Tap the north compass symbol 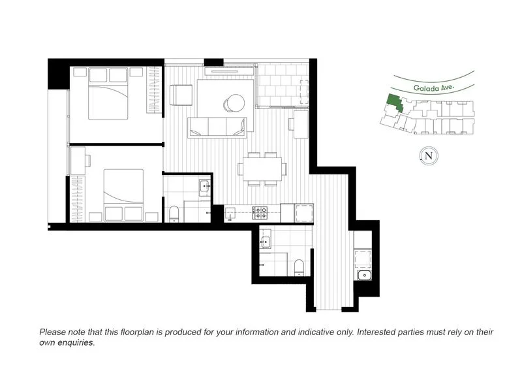pyautogui.click(x=428, y=155)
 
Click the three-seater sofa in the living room pyautogui.click(x=218, y=127)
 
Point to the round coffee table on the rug pyautogui.click(x=235, y=102)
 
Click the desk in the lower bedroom pyautogui.click(x=78, y=161)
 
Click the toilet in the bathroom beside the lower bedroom pyautogui.click(x=174, y=214)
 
